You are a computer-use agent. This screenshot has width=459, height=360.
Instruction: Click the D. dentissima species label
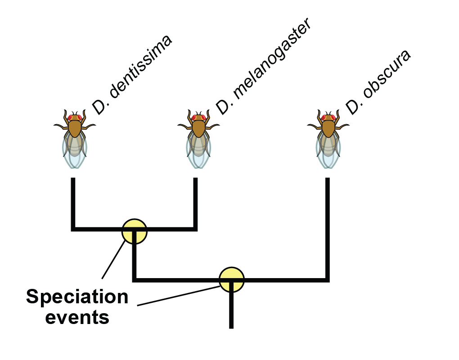[132, 75]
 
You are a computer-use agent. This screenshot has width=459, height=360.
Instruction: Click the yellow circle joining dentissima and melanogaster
[135, 231]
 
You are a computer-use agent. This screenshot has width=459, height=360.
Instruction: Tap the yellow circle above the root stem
[232, 279]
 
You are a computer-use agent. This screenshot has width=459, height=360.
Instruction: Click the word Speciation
[77, 297]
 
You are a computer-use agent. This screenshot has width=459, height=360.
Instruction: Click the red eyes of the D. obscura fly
[328, 118]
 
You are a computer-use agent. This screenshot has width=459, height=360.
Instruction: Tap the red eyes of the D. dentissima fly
[75, 118]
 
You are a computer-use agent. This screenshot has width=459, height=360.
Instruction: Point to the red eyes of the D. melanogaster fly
[198, 118]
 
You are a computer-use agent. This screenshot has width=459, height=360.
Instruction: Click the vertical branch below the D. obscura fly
[327, 225]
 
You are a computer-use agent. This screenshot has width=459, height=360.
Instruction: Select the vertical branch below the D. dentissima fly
[73, 202]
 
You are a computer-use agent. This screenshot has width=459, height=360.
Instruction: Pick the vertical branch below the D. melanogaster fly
[195, 202]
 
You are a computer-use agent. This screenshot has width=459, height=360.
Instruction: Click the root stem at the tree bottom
[231, 310]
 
